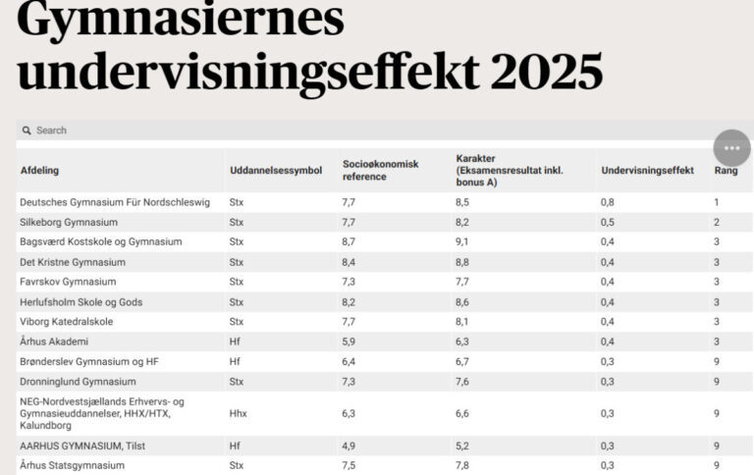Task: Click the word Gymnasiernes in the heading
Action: point(181,20)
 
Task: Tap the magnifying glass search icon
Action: point(27,131)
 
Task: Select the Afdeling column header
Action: point(40,171)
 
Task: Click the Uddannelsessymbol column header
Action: point(275,171)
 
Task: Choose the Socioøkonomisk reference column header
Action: point(380,170)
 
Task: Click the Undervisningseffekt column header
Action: point(647,171)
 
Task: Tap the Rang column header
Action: point(725,171)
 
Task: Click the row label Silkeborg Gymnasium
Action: point(69,223)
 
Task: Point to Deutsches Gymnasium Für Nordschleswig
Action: point(115,202)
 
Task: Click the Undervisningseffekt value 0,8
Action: point(608,202)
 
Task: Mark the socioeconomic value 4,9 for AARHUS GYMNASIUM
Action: point(350,446)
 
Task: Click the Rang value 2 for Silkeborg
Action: point(717,223)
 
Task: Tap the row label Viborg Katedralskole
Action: point(67,322)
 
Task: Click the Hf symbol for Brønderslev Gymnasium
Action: point(235,361)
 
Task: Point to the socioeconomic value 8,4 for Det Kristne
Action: point(350,262)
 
